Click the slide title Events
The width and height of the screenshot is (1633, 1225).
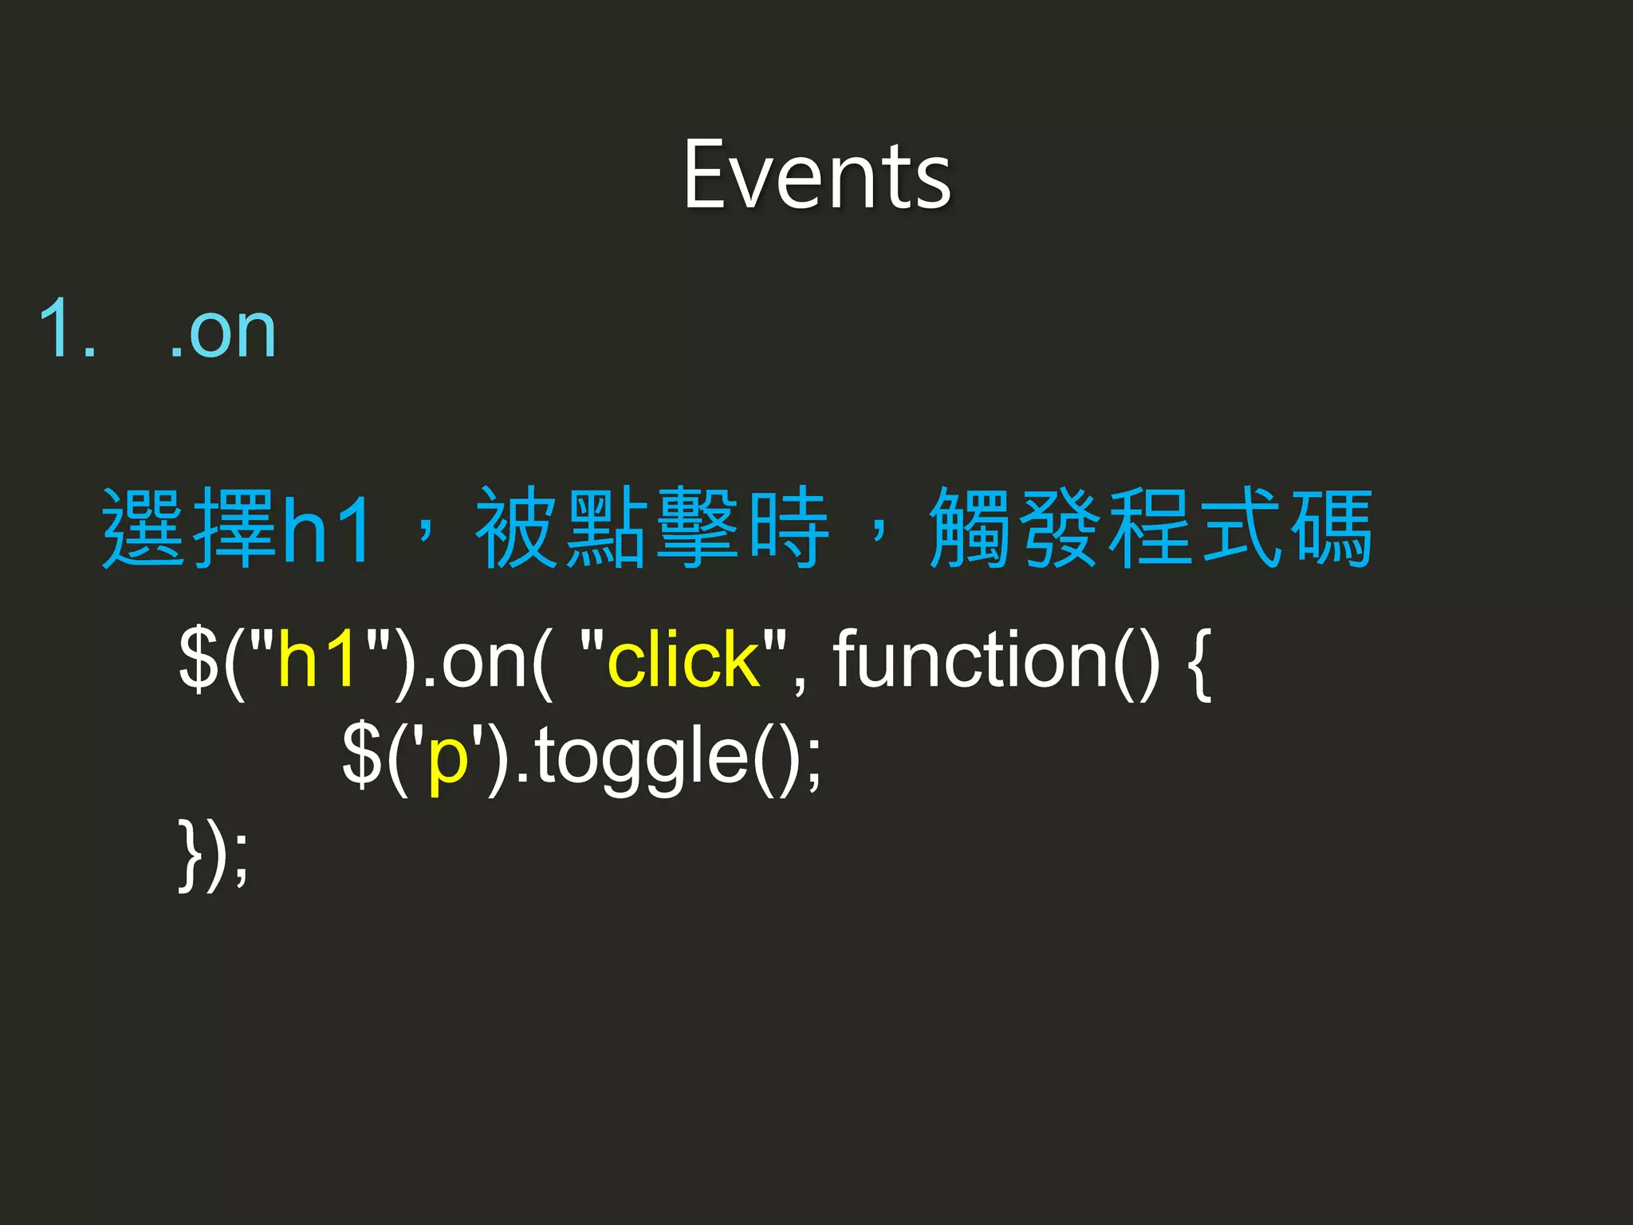click(x=816, y=175)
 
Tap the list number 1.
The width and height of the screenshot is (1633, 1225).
click(x=67, y=329)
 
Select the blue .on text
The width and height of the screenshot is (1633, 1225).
click(x=224, y=332)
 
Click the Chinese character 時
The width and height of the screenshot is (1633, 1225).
click(x=789, y=528)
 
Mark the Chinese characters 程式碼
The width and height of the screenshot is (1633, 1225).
click(x=1241, y=528)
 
